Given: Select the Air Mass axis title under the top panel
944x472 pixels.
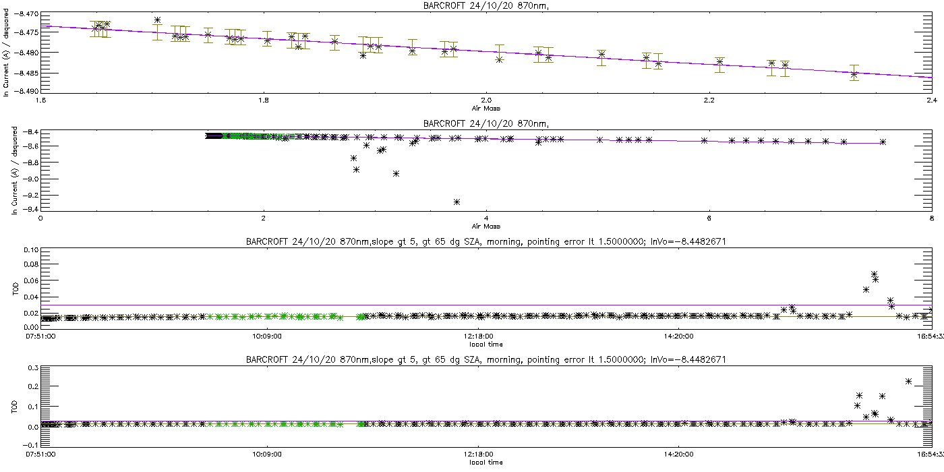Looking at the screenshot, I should tap(485, 108).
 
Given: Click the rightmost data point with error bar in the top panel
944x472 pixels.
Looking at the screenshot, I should tap(854, 74).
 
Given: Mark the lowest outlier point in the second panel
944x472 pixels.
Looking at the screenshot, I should tap(457, 202).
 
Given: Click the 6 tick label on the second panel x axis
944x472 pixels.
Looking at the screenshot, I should tap(709, 218).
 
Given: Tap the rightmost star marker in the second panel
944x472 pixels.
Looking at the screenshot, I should tap(883, 142).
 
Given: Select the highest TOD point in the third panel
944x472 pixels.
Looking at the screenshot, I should tap(874, 274).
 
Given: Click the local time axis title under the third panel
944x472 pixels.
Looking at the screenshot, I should tap(485, 344).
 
